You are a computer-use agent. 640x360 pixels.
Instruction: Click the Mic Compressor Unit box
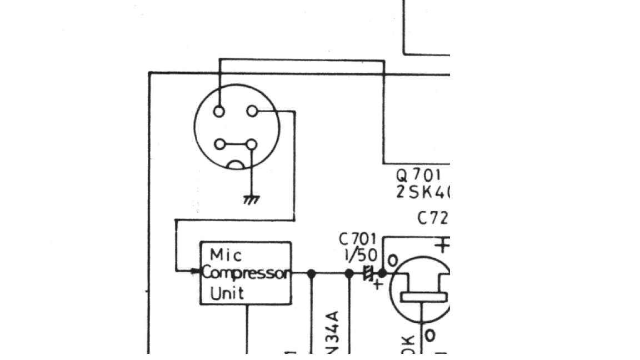click(246, 273)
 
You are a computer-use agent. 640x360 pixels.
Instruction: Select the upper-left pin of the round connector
click(219, 112)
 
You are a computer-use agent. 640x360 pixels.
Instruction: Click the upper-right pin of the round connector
click(252, 112)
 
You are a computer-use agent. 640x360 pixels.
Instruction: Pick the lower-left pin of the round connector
click(219, 144)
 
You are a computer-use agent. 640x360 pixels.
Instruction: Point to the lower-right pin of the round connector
click(252, 144)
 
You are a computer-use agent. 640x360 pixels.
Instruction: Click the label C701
click(357, 239)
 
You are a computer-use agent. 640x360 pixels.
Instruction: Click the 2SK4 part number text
click(422, 192)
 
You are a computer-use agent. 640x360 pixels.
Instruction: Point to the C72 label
click(432, 218)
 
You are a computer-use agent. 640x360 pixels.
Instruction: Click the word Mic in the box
click(226, 255)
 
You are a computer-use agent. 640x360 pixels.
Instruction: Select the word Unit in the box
click(227, 292)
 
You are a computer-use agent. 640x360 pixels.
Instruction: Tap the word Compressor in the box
click(246, 273)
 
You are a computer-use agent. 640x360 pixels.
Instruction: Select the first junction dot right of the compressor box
click(312, 273)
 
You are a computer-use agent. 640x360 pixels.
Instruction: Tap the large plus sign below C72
click(442, 245)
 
